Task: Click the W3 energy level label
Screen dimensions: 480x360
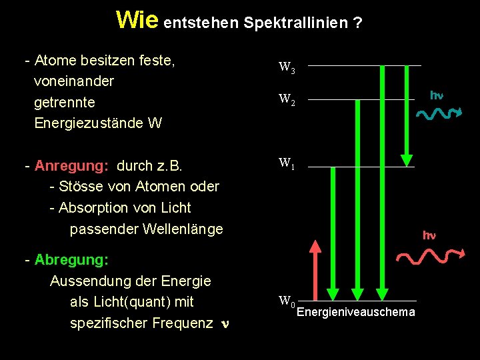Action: (287, 67)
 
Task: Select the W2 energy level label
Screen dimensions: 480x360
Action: (287, 101)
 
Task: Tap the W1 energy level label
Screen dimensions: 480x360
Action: (287, 163)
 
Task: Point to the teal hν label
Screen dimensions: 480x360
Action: (437, 95)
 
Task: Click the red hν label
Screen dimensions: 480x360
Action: (429, 235)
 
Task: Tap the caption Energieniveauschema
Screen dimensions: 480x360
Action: (355, 313)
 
